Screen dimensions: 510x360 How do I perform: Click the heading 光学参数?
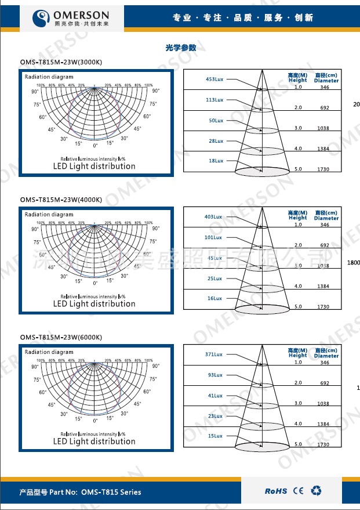pyautogui.click(x=180, y=48)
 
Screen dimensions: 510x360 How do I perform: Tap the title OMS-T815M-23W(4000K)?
pyautogui.click(x=61, y=200)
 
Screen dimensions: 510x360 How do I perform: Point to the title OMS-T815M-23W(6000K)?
pyautogui.click(x=61, y=337)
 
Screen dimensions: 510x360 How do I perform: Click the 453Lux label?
pyautogui.click(x=214, y=79)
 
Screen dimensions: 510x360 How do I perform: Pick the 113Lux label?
pyautogui.click(x=214, y=100)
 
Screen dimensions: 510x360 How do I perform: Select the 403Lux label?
pyautogui.click(x=213, y=216)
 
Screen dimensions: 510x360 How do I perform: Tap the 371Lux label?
pyautogui.click(x=214, y=354)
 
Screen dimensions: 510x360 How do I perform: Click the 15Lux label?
pyautogui.click(x=215, y=436)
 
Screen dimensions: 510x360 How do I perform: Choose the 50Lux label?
pyautogui.click(x=216, y=120)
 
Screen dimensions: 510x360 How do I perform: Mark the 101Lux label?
pyautogui.click(x=213, y=237)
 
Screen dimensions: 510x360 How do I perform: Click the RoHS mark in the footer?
pyautogui.click(x=276, y=491)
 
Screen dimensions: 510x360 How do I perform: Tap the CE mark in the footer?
pyautogui.click(x=298, y=491)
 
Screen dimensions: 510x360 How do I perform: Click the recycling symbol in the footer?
pyautogui.click(x=316, y=491)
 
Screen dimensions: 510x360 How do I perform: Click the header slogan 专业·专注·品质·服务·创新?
pyautogui.click(x=243, y=18)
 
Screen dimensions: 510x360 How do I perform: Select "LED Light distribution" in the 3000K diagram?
pyautogui.click(x=94, y=167)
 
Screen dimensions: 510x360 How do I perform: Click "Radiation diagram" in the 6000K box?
pyautogui.click(x=49, y=352)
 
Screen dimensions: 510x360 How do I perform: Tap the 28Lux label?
pyautogui.click(x=216, y=141)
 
